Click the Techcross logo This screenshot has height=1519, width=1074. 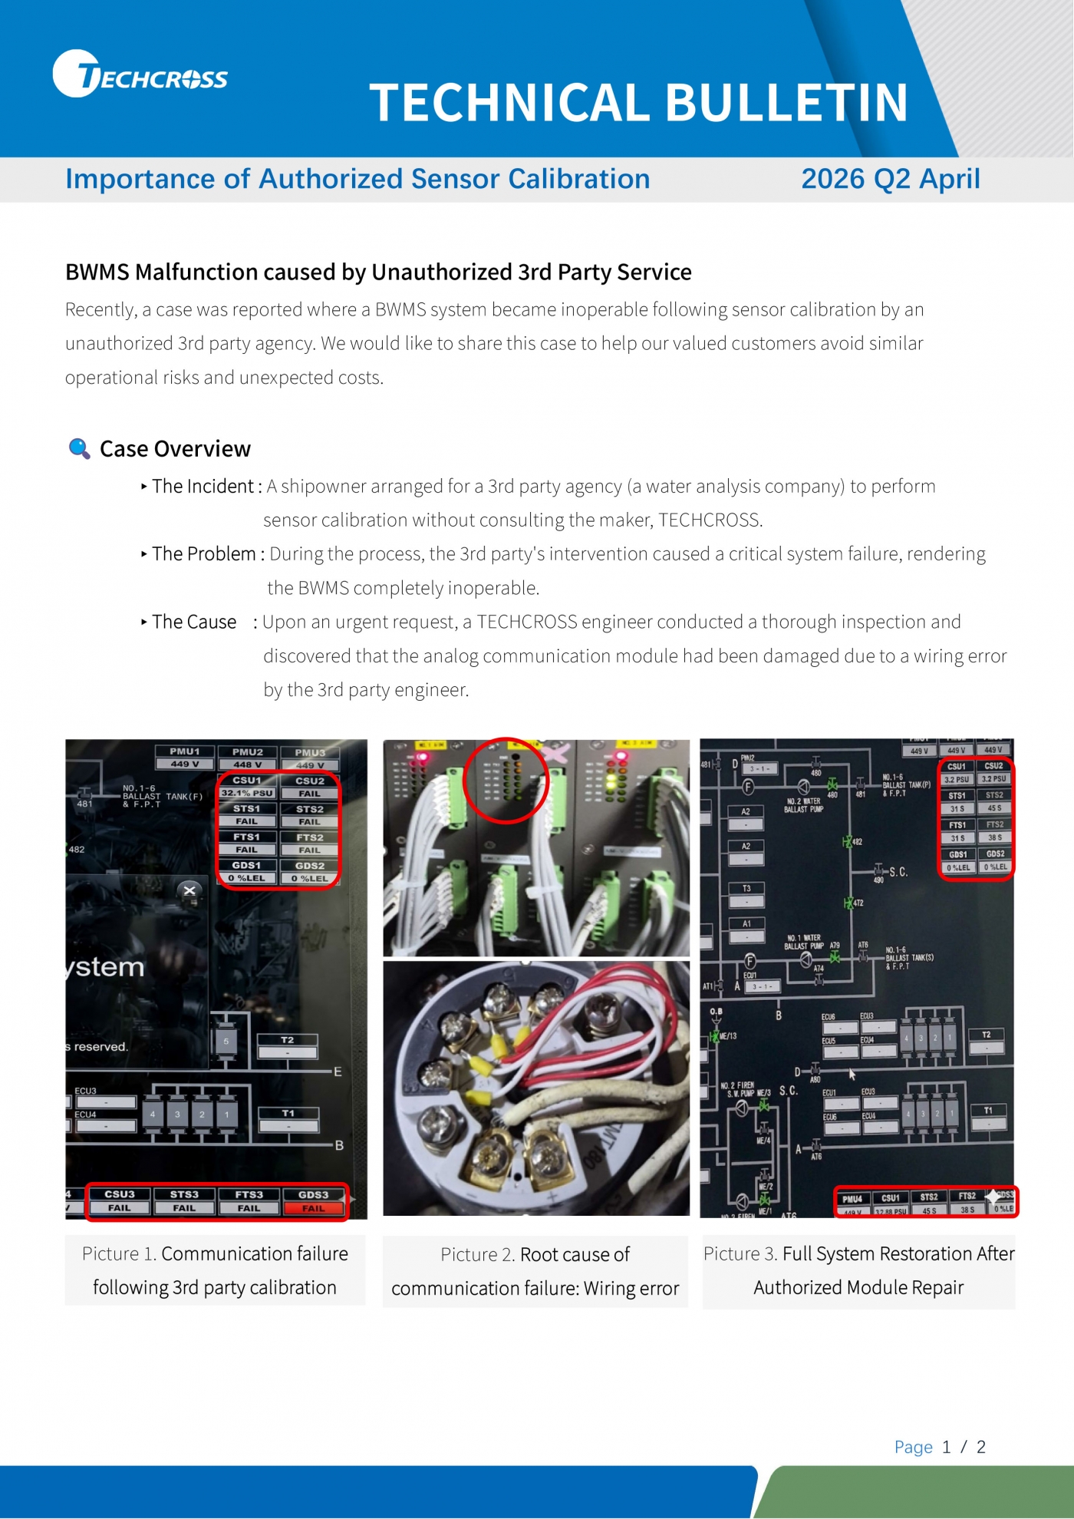click(x=140, y=75)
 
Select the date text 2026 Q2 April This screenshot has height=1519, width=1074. click(x=890, y=179)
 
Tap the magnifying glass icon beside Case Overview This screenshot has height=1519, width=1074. click(x=79, y=448)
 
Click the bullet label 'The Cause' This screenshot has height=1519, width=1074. click(x=194, y=622)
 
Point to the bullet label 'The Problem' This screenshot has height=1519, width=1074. click(x=204, y=554)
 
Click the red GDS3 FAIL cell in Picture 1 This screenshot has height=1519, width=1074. click(x=313, y=1208)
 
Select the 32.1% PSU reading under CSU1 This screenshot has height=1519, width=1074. click(x=247, y=793)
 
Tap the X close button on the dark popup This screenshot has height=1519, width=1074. click(x=189, y=890)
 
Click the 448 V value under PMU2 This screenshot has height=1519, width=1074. click(x=247, y=764)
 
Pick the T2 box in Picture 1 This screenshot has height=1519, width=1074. click(x=287, y=1040)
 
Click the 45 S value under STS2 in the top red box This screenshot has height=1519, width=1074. click(x=994, y=808)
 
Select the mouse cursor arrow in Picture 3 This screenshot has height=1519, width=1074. click(x=852, y=1074)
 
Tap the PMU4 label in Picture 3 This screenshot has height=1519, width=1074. click(x=852, y=1198)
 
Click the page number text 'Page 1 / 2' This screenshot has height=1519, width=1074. click(x=940, y=1447)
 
